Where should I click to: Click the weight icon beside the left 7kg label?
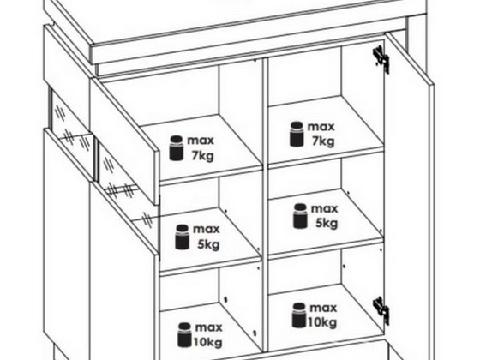coord(177,148)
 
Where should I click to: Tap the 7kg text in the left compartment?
coord(202,156)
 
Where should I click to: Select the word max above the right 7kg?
coord(321,127)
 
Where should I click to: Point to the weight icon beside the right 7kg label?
coord(297,134)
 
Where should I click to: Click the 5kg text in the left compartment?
coord(208,244)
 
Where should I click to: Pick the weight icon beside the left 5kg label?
coord(182,237)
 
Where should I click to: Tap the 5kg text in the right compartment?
coord(327,223)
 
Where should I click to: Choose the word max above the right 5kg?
coord(325,209)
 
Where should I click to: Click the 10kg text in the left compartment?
coord(207,342)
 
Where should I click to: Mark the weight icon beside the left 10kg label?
coord(184,335)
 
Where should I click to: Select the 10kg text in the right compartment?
coord(322,322)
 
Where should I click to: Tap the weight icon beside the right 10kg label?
coord(299,315)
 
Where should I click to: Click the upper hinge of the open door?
coord(381,59)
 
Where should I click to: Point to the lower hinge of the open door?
coord(381,309)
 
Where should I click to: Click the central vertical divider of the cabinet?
coord(266,205)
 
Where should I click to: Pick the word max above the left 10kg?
coord(209,327)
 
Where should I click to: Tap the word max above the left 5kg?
coord(207,230)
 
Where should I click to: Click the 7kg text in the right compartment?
coord(323,141)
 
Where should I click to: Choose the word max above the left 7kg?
coord(201,141)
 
